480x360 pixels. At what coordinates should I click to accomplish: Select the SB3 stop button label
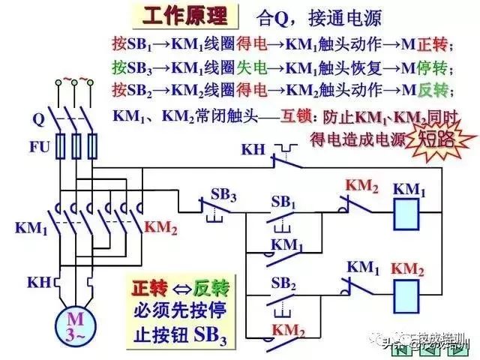point(223,195)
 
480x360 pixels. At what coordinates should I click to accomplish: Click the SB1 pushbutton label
point(283,202)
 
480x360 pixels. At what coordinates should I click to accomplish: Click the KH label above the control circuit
point(253,148)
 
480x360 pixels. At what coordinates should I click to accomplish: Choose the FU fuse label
point(39,145)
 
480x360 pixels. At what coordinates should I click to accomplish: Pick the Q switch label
point(38,118)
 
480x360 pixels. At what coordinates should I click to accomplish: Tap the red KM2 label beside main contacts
point(160,227)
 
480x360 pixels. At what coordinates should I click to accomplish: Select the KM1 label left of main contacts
point(31,227)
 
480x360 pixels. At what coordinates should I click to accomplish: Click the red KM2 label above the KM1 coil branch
point(362,184)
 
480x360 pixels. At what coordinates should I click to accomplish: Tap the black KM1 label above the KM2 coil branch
point(364,266)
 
